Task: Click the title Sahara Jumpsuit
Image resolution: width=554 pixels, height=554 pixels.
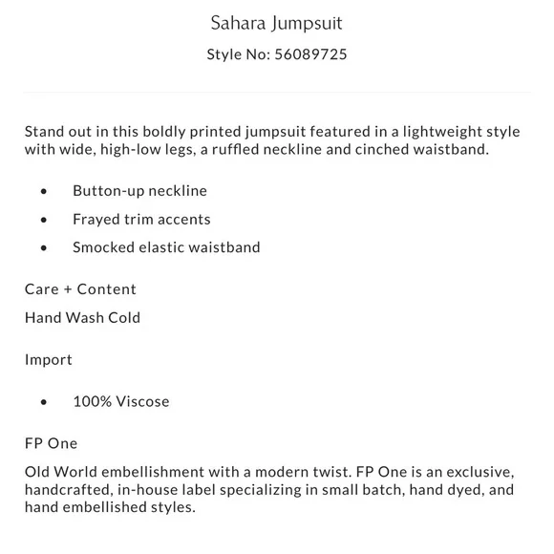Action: point(276,21)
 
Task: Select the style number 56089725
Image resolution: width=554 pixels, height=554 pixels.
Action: point(310,54)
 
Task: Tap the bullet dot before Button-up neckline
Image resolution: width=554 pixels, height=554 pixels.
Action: point(44,191)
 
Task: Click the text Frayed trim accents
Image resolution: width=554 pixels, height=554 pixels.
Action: point(141,220)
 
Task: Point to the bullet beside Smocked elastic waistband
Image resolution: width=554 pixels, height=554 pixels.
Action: point(44,248)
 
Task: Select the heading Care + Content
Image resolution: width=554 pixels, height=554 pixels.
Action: point(80,289)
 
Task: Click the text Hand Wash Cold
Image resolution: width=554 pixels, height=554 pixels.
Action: point(82,318)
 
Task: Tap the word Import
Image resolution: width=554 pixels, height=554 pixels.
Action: point(49,360)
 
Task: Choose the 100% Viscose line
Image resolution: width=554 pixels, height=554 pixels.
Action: point(121,401)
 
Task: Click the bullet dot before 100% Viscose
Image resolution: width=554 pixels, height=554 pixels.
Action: point(44,402)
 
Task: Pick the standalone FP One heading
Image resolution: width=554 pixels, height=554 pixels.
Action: point(52,443)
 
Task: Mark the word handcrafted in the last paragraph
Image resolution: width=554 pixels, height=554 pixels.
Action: point(72,490)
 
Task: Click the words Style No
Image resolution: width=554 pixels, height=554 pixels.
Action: point(237,54)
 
